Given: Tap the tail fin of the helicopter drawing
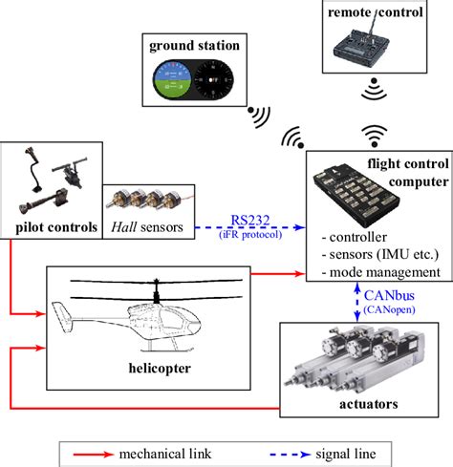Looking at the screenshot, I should (x=61, y=314).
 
